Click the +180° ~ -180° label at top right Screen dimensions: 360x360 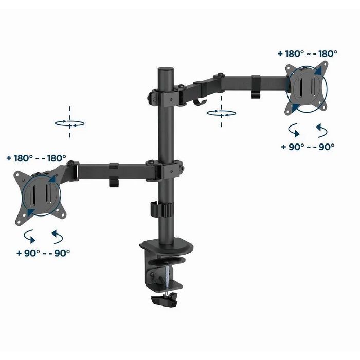(x=308, y=53)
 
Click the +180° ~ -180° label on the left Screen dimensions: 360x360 (x=37, y=158)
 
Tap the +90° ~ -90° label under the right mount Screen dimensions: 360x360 (x=308, y=147)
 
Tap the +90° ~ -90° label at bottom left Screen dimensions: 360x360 (x=43, y=253)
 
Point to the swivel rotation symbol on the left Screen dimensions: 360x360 (x=69, y=123)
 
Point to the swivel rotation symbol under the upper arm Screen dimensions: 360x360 (x=221, y=113)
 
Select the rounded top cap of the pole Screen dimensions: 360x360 (x=165, y=69)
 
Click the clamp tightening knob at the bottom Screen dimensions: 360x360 (x=165, y=300)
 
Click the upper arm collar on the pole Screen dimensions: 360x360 (x=166, y=98)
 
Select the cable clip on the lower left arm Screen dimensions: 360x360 (x=114, y=174)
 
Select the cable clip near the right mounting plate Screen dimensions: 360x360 (x=256, y=86)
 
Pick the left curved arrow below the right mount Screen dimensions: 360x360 (x=294, y=130)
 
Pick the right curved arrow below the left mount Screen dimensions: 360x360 (x=57, y=237)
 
